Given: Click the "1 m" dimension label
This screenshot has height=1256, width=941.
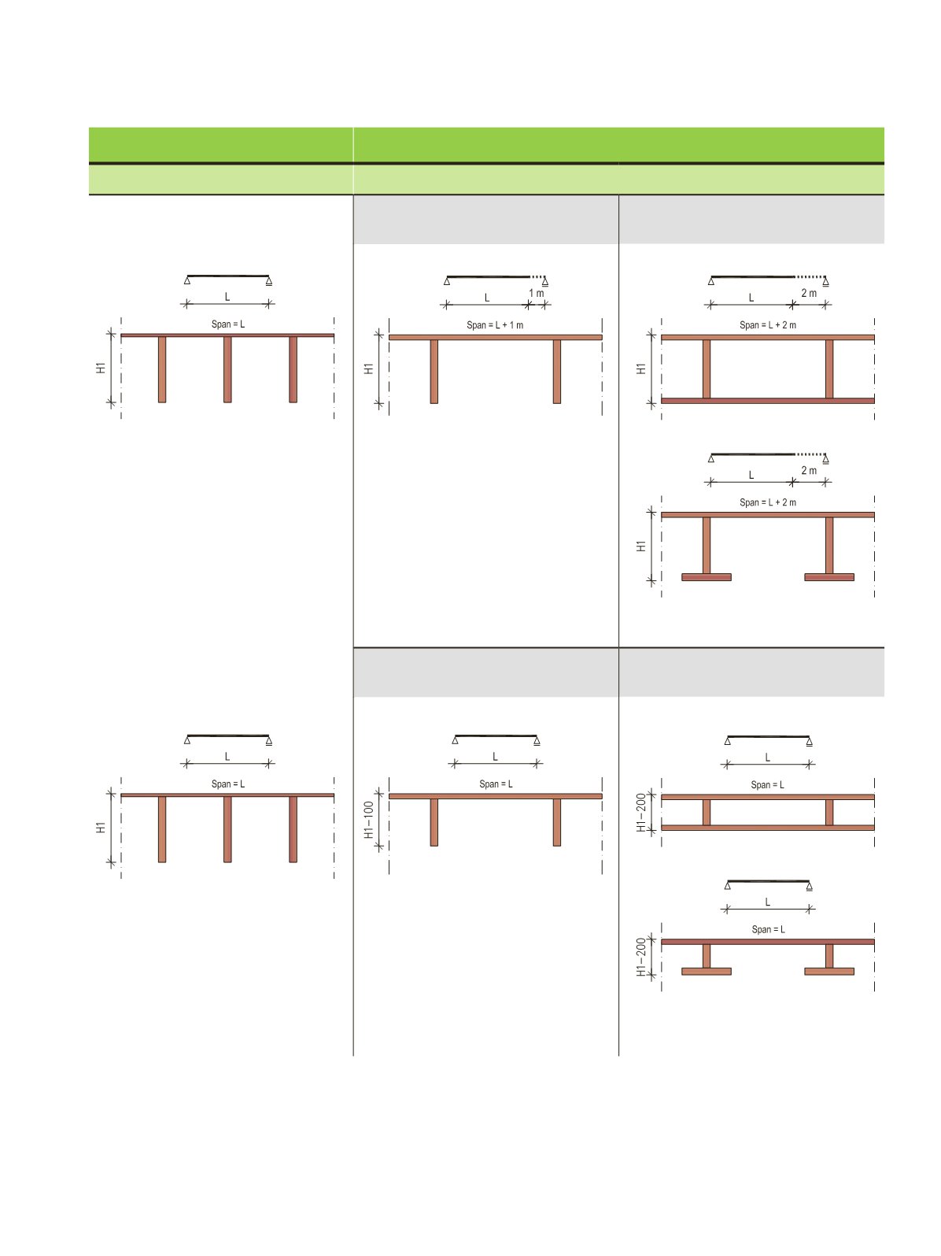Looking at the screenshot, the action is (536, 293).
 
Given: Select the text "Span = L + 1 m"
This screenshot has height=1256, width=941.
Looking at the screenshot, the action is (495, 325).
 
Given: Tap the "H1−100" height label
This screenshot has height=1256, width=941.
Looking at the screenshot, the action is (369, 820).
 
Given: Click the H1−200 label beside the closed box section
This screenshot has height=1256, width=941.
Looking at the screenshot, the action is (641, 812).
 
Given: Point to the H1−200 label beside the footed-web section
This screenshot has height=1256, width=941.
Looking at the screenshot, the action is (641, 956).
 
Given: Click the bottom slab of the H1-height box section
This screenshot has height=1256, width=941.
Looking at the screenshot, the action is (767, 401).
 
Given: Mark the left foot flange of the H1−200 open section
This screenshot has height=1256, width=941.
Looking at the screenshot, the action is (706, 971).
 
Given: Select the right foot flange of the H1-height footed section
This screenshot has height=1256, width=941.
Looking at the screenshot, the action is (829, 576).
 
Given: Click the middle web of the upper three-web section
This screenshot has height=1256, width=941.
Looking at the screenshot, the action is (227, 369).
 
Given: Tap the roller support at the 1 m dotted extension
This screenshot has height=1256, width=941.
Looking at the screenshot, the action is (544, 282).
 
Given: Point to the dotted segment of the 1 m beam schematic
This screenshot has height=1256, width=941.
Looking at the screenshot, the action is (537, 277).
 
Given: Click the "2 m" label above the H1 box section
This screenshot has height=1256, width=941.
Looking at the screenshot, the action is (808, 293).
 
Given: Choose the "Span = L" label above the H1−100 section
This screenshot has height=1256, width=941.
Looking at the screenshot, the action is (496, 784).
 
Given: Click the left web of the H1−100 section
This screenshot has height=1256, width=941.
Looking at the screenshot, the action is (434, 822).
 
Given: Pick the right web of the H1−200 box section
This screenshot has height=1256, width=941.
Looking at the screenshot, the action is (829, 812).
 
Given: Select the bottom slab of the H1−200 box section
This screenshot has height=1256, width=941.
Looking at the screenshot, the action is (767, 828).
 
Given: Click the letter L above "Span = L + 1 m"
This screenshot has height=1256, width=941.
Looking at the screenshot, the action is (486, 298).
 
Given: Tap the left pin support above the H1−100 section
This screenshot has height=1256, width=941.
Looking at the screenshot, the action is (455, 740).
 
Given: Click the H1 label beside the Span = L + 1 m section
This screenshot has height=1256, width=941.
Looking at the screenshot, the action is (369, 369).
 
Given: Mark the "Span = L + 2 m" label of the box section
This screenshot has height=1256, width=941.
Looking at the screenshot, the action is (767, 325).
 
